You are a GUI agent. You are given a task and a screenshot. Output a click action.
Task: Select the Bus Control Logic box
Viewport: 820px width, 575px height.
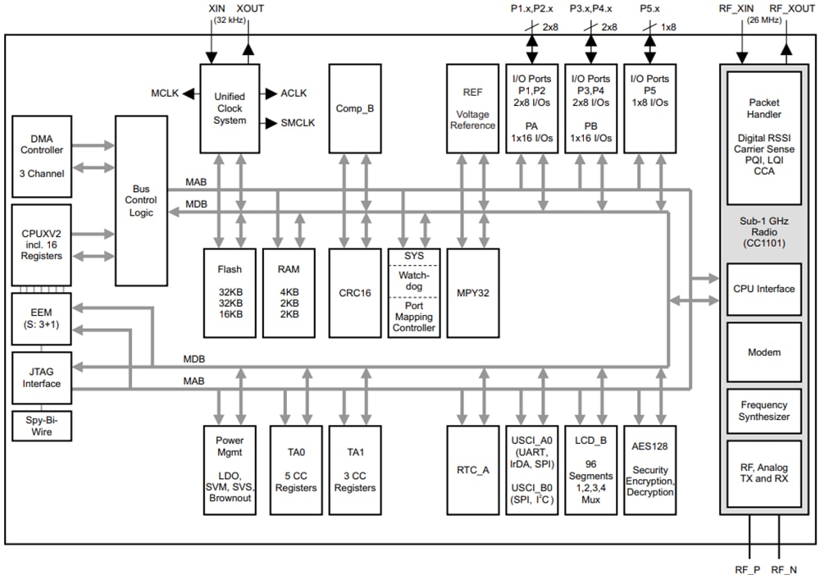pos(140,200)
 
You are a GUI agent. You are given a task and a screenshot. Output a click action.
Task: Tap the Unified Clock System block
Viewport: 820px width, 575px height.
pos(230,108)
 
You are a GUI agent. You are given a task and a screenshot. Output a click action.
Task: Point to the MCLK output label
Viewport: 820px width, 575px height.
pos(164,93)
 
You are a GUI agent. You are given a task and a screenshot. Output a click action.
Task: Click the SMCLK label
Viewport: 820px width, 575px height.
pos(298,123)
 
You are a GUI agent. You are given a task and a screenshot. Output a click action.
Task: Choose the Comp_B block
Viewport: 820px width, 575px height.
pos(355,108)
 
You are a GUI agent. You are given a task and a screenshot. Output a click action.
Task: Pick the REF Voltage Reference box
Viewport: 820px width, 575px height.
pos(472,108)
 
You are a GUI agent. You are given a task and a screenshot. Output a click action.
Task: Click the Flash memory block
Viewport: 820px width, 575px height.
pos(230,292)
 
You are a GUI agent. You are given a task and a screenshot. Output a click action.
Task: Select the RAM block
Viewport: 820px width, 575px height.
pos(289,292)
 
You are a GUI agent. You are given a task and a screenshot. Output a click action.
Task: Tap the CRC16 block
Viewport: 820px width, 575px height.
pos(355,292)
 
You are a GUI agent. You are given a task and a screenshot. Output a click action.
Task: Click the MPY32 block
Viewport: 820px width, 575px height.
pos(472,292)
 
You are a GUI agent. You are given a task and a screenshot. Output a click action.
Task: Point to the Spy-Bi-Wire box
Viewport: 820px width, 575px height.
pos(42,426)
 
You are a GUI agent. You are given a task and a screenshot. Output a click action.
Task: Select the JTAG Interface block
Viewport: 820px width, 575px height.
pos(42,377)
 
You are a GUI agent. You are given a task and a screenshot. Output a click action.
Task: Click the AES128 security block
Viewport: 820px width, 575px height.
pos(649,470)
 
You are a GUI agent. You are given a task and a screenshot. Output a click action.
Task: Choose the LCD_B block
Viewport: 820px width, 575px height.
pos(590,470)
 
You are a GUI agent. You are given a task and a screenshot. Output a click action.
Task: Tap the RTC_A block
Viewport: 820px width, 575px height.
pos(472,470)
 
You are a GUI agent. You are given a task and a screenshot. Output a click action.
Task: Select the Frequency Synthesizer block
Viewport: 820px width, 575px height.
pos(763,410)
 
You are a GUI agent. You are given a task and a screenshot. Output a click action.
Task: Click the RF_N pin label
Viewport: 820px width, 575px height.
pos(783,568)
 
